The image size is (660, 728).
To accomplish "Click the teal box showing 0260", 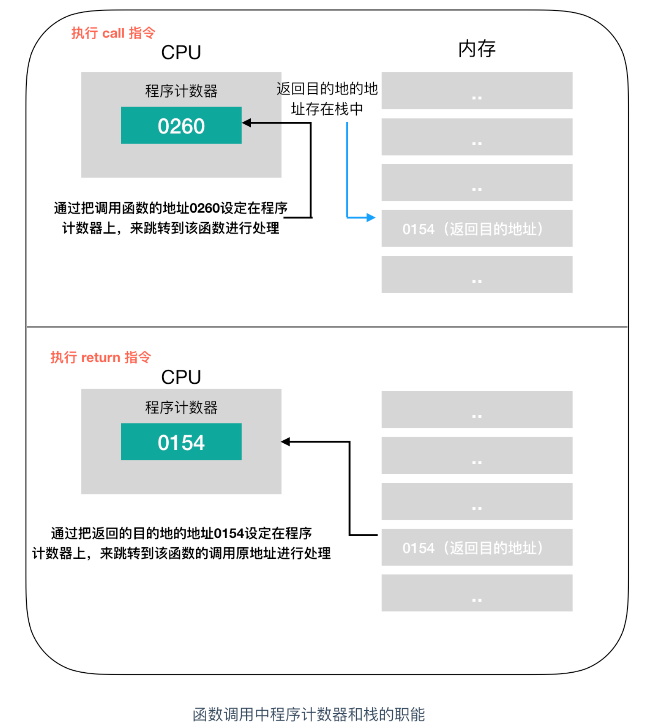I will (181, 125).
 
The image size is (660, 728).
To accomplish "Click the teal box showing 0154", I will (181, 442).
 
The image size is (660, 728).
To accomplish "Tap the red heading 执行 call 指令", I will (113, 33).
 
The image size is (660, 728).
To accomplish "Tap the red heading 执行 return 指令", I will (101, 357).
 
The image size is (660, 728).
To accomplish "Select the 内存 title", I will (476, 49).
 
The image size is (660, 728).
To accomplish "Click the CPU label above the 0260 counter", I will (181, 52).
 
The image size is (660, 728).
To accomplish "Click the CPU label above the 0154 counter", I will (181, 377).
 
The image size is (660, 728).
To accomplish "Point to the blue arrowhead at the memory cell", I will (371, 217).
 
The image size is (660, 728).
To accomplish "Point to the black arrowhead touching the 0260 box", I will (247, 123).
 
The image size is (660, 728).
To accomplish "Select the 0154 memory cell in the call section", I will (476, 228).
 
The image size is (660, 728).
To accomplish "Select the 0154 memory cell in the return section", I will (476, 547).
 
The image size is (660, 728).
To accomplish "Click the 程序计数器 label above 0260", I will (181, 91).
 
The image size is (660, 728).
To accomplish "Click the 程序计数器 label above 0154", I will (181, 407).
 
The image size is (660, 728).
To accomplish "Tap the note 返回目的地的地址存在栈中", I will (327, 99).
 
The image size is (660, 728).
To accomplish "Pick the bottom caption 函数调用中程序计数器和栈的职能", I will (309, 714).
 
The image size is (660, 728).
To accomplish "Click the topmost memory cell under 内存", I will (476, 91).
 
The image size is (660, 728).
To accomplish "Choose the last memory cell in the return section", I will (476, 593).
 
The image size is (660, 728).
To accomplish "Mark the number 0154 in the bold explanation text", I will (229, 533).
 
